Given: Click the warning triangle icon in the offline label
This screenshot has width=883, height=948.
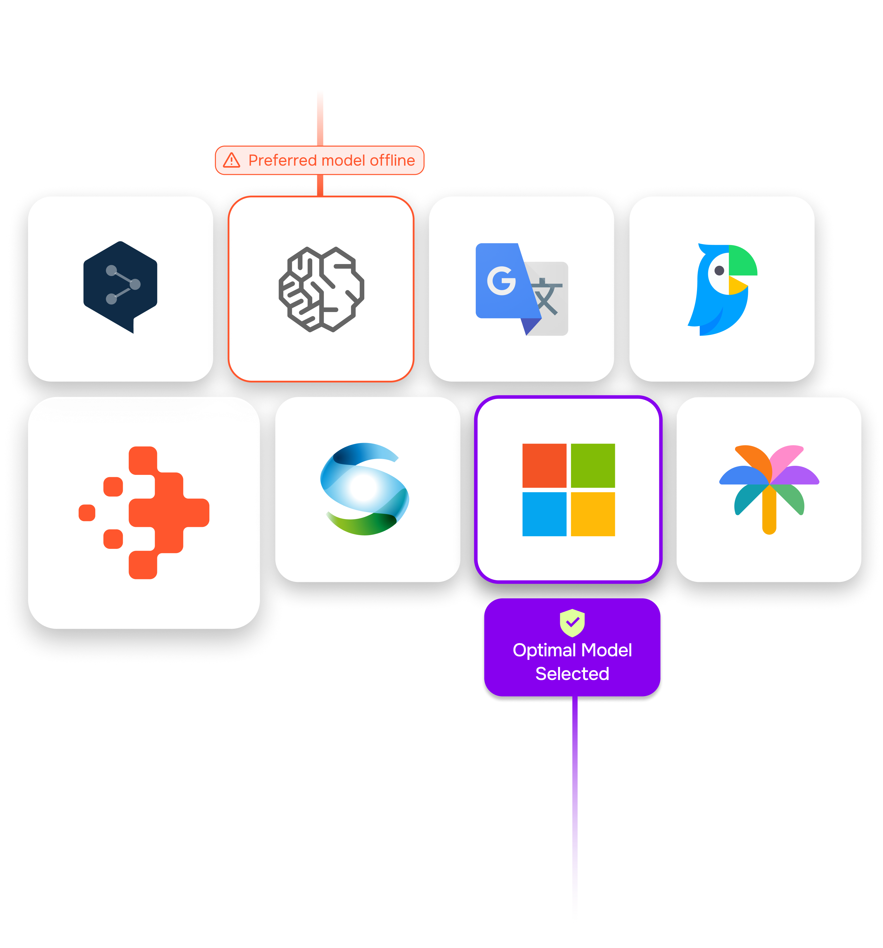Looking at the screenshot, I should (232, 160).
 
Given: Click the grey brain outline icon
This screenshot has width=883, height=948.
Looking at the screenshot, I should (321, 289).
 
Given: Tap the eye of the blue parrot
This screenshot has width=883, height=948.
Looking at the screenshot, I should (720, 271).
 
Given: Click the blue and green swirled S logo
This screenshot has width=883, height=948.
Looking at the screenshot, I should (365, 489).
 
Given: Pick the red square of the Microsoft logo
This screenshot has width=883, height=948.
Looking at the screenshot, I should (544, 466).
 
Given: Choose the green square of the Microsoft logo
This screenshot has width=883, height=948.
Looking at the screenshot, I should (593, 466).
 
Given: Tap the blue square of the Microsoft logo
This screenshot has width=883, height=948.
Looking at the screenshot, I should (544, 514).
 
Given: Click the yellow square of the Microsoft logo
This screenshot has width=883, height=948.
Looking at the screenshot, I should (593, 514).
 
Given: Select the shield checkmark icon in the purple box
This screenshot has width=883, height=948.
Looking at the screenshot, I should (572, 622).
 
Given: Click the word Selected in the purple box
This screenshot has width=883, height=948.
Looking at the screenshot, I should (572, 674).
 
